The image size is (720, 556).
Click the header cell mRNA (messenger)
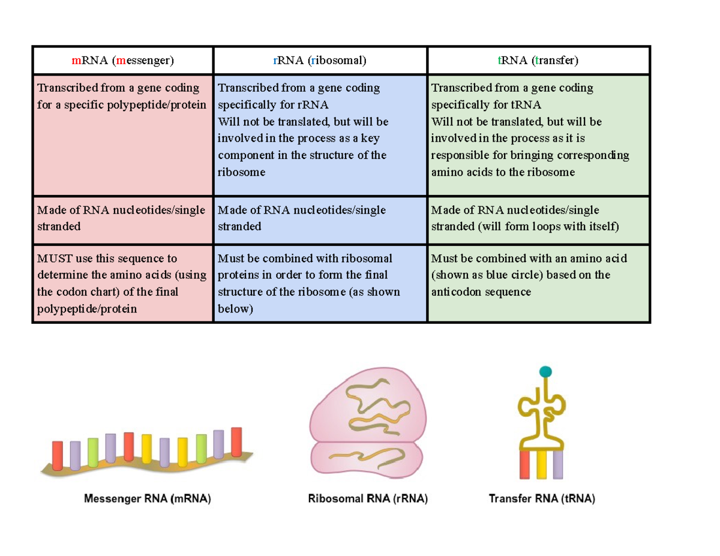(x=122, y=61)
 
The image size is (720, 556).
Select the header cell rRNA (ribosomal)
(x=319, y=61)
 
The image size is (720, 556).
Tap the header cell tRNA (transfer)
(x=538, y=61)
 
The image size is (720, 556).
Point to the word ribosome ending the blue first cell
(x=241, y=173)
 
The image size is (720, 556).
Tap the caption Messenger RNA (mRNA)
(x=148, y=498)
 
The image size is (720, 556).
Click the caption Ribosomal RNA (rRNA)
(x=368, y=498)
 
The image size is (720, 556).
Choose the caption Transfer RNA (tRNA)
(x=542, y=498)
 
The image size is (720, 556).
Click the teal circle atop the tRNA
(x=545, y=372)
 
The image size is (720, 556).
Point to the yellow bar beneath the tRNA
(x=542, y=465)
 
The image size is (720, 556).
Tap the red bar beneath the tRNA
(x=524, y=465)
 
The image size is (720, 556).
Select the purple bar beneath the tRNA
(x=558, y=465)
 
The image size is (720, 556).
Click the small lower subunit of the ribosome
(x=364, y=459)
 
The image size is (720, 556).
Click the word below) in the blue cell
(x=235, y=309)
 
